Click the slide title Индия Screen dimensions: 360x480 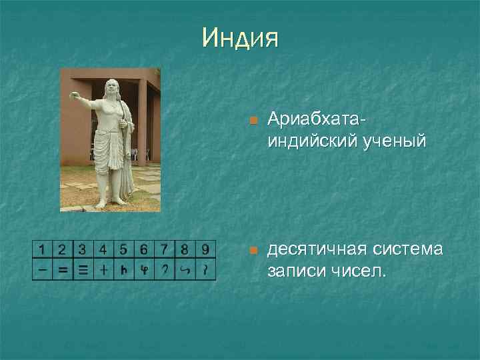point(240,38)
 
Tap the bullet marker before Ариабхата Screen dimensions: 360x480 point(252,121)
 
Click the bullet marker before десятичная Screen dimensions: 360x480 point(252,251)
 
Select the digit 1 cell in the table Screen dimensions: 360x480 point(43,250)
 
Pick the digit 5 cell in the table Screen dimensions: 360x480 point(123,250)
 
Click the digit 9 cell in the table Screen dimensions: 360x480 point(206,250)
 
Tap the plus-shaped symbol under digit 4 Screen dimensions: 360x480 point(103,270)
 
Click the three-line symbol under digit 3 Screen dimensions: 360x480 point(83,270)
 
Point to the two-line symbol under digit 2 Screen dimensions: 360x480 point(63,270)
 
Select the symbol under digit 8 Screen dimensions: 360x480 point(185,270)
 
